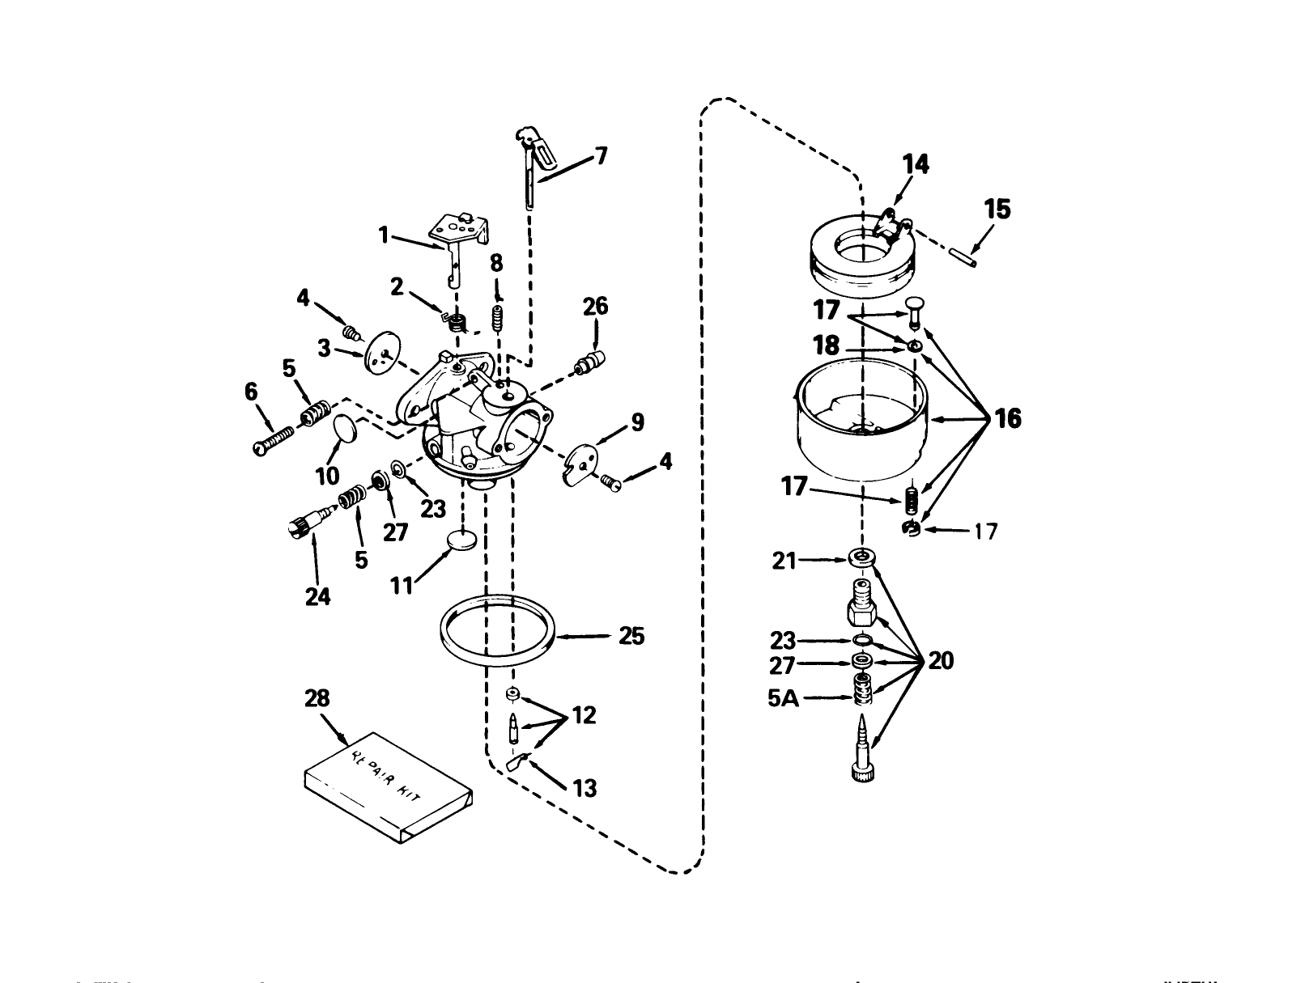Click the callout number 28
pyautogui.click(x=317, y=698)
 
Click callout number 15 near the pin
pyautogui.click(x=997, y=210)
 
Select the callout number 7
pyautogui.click(x=601, y=155)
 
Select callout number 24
pyautogui.click(x=318, y=596)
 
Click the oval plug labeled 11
pyautogui.click(x=464, y=540)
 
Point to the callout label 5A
pyautogui.click(x=783, y=698)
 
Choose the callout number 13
pyautogui.click(x=584, y=787)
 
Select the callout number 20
pyautogui.click(x=941, y=662)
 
